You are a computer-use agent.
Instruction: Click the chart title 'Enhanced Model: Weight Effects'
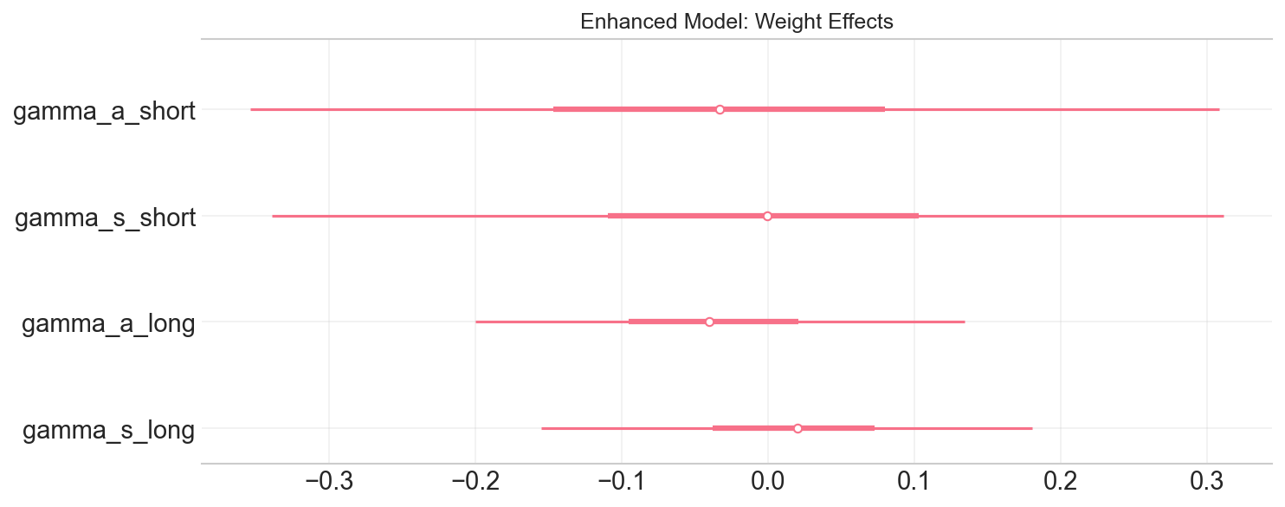pyautogui.click(x=736, y=22)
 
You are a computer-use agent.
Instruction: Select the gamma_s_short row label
pyautogui.click(x=105, y=217)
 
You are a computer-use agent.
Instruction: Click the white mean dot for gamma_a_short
pyautogui.click(x=720, y=109)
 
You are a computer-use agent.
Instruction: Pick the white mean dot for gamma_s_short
pyautogui.click(x=767, y=216)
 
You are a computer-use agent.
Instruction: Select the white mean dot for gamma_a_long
pyautogui.click(x=709, y=322)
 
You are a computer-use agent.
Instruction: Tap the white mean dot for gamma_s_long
pyautogui.click(x=797, y=428)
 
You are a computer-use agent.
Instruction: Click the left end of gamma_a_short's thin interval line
pyautogui.click(x=251, y=109)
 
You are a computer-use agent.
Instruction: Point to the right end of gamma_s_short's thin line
pyautogui.click(x=1223, y=216)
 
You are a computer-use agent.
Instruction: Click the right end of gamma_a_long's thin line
pyautogui.click(x=964, y=322)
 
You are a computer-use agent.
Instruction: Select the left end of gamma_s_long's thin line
pyautogui.click(x=542, y=428)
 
